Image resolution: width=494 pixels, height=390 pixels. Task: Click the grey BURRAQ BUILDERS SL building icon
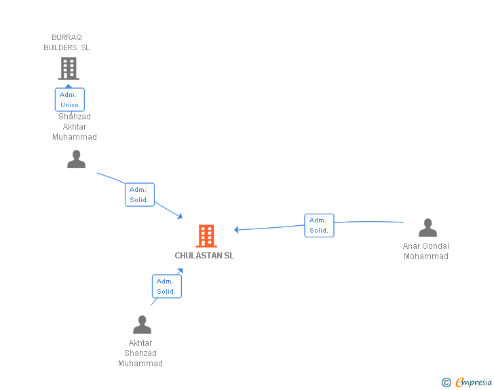[x=68, y=69]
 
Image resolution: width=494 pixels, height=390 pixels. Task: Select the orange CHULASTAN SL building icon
[x=206, y=235]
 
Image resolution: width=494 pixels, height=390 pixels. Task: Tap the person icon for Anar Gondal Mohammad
[x=427, y=228]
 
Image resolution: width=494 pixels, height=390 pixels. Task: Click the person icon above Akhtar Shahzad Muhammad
[x=142, y=325]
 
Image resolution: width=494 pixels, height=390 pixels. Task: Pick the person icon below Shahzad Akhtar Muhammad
[x=77, y=159]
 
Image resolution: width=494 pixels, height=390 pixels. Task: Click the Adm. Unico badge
[x=69, y=100]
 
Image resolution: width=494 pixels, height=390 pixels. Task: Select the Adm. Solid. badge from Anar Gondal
[x=319, y=225]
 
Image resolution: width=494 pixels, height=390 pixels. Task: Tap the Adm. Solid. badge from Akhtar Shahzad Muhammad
[x=166, y=286]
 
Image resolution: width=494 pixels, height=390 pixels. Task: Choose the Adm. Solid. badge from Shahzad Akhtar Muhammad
[x=140, y=195]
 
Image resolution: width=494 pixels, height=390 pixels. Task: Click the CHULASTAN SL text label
[x=204, y=256]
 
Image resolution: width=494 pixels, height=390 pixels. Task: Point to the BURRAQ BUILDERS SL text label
[x=66, y=43]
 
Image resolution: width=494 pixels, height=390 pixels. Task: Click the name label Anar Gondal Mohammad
[x=426, y=251]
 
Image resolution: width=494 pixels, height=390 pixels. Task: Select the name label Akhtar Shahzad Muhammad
[x=140, y=353]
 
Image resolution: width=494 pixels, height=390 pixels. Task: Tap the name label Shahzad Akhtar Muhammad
[x=75, y=127]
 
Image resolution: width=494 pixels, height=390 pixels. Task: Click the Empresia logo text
[x=474, y=382]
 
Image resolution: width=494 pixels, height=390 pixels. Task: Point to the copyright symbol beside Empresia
[x=446, y=383]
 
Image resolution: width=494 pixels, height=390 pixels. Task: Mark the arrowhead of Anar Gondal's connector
[x=237, y=230]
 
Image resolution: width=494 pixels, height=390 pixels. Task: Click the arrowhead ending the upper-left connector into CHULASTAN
[x=180, y=216]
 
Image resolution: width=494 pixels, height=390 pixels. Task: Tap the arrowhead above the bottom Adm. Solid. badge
[x=180, y=271]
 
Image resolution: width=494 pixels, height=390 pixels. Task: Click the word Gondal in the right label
[x=436, y=246]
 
